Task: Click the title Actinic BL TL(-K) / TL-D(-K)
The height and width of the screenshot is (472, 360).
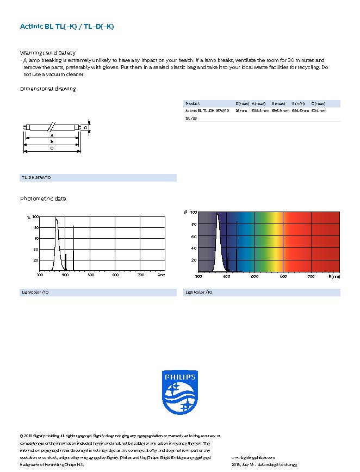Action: coord(67,26)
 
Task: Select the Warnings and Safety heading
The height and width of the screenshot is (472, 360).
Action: coord(48,53)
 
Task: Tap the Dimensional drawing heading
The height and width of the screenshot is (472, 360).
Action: coord(48,89)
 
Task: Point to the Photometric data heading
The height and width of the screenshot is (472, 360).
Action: coord(43,198)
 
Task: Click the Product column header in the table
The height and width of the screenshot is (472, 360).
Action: coord(193,103)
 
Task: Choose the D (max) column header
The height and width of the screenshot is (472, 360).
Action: coord(242,103)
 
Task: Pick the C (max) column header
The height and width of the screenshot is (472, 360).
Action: coord(318,103)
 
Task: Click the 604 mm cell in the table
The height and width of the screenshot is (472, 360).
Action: coord(319,110)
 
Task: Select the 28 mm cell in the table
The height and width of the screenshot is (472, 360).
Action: coord(241,110)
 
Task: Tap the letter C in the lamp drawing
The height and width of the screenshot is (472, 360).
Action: coord(52,148)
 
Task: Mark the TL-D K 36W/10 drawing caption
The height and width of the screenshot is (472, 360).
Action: coord(36,178)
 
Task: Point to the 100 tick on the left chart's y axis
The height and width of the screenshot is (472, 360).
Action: coord(36,217)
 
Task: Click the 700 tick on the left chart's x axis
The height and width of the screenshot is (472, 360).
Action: coord(141,275)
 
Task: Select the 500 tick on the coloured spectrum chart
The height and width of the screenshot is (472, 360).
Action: coord(255,277)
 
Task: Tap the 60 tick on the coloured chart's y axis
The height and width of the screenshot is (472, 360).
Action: coord(193,237)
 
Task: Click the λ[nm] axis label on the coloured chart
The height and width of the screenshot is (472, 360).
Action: coord(334,277)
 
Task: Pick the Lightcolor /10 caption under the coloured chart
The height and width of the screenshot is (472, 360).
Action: coord(199,293)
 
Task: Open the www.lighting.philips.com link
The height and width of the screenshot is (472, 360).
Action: coord(253,458)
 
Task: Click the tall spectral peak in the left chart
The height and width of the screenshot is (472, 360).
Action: coord(57,234)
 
